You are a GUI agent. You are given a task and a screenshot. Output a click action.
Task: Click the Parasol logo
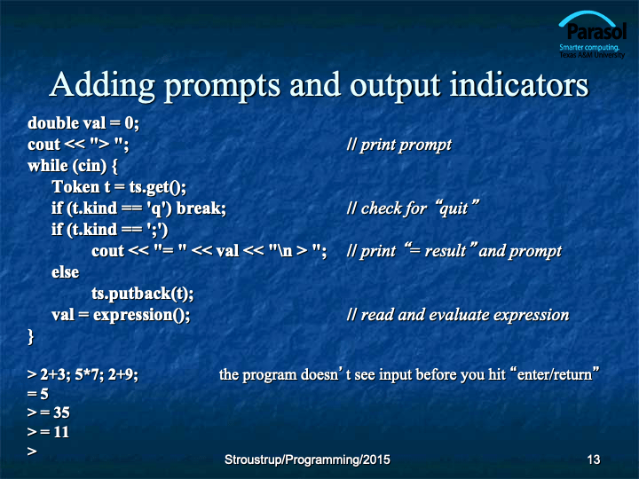592,35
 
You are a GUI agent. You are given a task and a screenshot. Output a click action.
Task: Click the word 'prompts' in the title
222,86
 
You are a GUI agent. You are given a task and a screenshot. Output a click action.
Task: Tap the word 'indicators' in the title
519,85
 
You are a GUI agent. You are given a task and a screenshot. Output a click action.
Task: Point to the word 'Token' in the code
75,187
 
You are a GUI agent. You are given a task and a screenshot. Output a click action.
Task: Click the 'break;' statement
201,208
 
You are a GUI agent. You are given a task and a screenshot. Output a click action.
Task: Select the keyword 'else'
65,272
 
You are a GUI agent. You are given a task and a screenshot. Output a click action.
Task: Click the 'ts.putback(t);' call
143,294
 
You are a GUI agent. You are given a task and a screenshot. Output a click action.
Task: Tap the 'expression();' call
141,315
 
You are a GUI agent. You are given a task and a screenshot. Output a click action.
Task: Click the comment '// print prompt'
399,145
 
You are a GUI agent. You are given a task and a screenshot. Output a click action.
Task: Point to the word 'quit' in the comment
454,208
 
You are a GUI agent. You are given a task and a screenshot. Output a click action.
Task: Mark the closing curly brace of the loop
30,336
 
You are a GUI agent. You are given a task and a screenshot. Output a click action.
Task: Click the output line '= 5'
38,394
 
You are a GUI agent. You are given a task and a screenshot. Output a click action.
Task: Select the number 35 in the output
61,412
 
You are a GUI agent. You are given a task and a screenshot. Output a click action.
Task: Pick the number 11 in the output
61,432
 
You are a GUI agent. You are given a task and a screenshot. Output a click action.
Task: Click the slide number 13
594,459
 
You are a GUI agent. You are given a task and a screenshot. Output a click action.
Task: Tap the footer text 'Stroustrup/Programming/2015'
307,459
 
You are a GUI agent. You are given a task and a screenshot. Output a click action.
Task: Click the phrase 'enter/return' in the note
554,374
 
